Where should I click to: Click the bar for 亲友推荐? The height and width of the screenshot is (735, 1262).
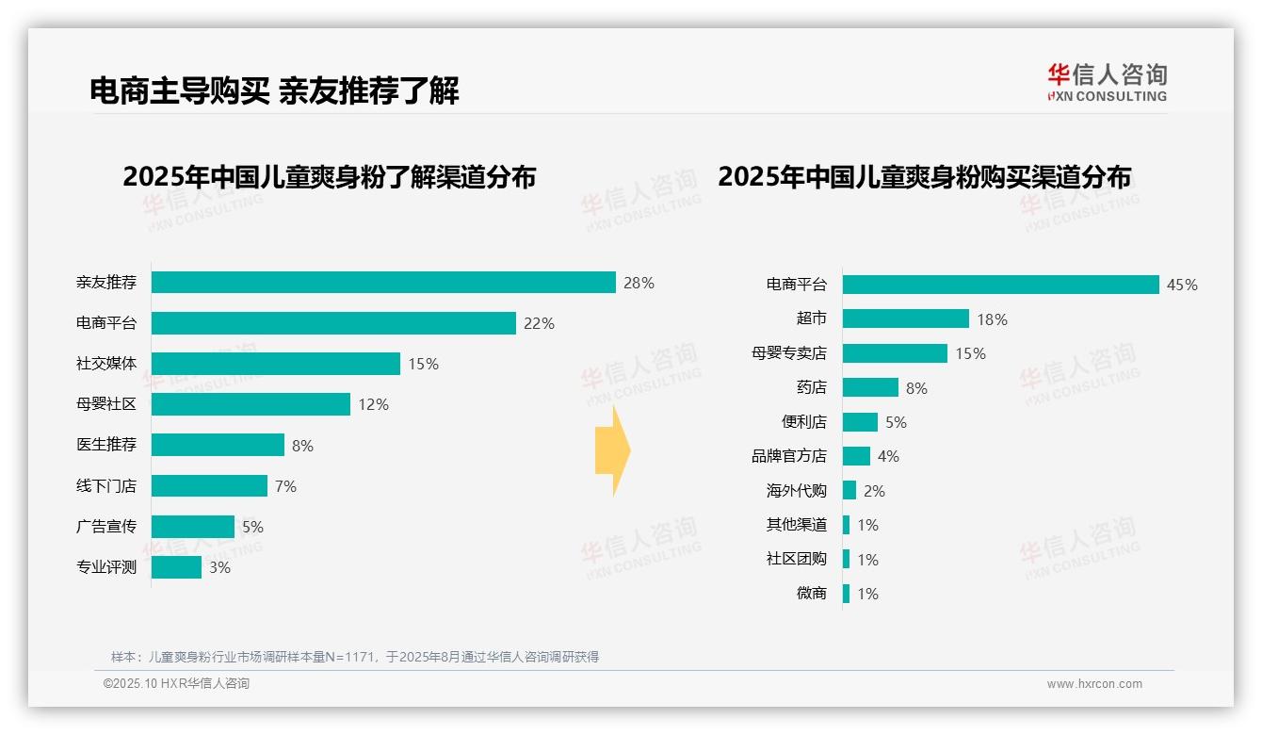(x=383, y=283)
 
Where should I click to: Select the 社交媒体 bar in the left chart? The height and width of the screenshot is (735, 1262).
(x=276, y=364)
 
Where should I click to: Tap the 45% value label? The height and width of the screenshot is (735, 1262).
(x=1182, y=285)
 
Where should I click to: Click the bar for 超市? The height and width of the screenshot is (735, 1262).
(x=905, y=318)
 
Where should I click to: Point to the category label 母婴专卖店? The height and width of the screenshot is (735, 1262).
(x=788, y=353)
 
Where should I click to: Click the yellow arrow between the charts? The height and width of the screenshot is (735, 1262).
(x=612, y=451)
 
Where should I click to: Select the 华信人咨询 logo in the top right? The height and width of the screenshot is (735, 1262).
(x=1107, y=82)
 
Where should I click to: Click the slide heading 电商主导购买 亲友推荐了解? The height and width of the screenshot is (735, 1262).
(x=274, y=91)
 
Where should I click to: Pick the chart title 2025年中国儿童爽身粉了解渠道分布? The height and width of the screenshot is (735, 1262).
(x=329, y=176)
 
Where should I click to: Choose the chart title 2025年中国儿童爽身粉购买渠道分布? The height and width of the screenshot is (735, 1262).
(x=924, y=176)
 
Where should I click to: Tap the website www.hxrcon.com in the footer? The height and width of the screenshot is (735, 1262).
(x=1094, y=684)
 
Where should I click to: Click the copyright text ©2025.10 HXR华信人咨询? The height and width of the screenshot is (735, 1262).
(x=176, y=684)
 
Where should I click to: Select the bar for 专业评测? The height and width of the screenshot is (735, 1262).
(x=176, y=567)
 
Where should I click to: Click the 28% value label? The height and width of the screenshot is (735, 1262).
(x=639, y=283)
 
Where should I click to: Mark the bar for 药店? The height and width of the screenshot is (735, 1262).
(x=870, y=387)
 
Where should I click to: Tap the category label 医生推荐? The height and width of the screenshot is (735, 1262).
(x=106, y=445)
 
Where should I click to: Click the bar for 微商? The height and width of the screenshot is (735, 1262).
(x=846, y=594)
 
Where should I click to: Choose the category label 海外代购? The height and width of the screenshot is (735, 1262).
(x=796, y=491)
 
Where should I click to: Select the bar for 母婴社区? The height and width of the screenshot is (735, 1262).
(x=251, y=404)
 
